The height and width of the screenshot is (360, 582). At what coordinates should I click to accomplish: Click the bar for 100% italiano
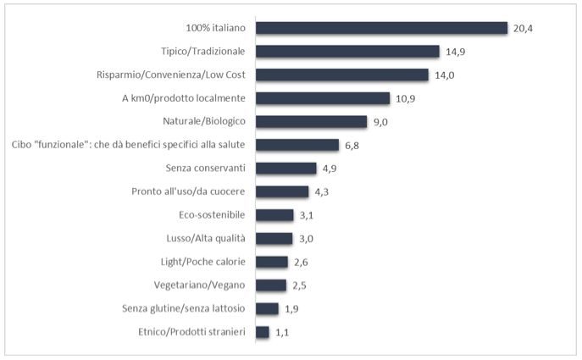click(381, 28)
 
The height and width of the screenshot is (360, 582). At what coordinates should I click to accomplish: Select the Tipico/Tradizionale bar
click(347, 52)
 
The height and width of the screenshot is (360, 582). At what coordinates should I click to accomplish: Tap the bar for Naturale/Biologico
click(311, 122)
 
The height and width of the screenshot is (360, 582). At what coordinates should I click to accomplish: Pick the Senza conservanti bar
click(285, 169)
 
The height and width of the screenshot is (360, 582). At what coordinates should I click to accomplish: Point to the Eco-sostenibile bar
click(274, 215)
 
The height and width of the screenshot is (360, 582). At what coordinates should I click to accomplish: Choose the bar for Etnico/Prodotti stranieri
click(262, 332)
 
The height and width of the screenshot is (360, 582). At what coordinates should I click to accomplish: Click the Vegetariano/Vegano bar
click(271, 285)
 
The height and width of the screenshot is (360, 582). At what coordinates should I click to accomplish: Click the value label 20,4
click(523, 29)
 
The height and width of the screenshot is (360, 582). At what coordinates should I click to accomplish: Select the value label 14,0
click(454, 75)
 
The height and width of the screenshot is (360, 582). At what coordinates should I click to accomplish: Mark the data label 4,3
click(321, 192)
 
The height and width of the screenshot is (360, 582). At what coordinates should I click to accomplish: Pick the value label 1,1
click(282, 333)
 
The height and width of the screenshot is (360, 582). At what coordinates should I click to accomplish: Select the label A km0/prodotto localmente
click(183, 98)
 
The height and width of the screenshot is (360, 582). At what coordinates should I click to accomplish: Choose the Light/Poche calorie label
click(202, 262)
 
